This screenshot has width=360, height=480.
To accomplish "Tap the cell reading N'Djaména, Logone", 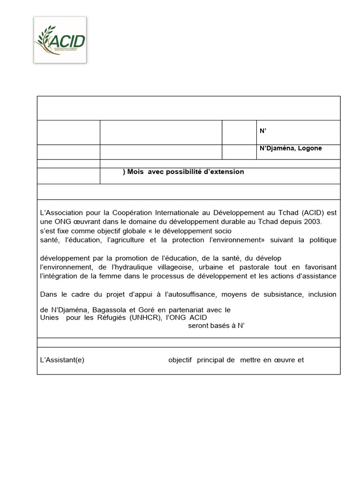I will [291, 149].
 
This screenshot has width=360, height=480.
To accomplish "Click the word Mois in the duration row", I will [136, 172].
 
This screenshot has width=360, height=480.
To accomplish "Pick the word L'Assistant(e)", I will [62, 360].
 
